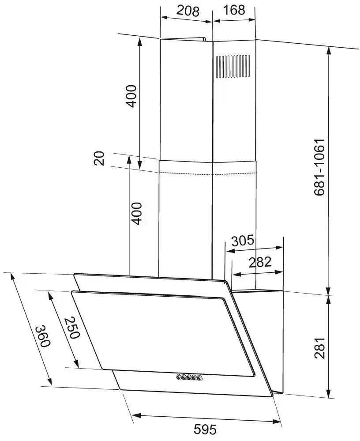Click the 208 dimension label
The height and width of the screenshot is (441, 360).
point(188,11)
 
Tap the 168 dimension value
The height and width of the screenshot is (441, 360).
point(234,10)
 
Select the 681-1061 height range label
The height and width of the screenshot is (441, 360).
point(319,167)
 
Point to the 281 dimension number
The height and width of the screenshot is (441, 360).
point(319,347)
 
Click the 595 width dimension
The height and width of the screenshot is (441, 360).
point(206,429)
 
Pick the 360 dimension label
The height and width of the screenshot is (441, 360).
point(43,336)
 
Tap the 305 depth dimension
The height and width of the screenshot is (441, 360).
point(243,241)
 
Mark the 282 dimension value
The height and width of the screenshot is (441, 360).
point(260,262)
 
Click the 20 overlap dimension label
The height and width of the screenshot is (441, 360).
point(99,158)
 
